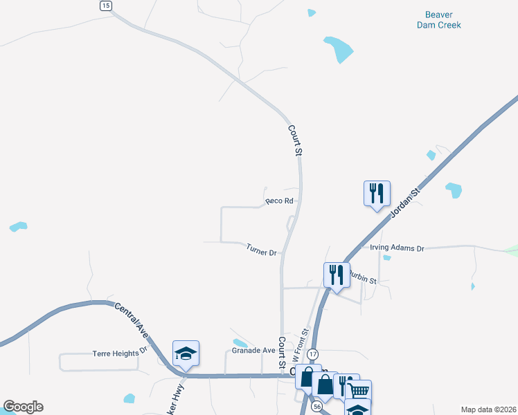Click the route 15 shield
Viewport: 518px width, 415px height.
click(105, 6)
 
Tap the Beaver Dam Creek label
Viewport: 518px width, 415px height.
click(438, 19)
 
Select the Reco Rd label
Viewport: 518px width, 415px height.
click(280, 201)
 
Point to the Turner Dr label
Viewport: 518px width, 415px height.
click(261, 249)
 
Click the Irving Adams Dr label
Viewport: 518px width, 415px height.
click(397, 248)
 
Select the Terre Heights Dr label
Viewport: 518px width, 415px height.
click(120, 353)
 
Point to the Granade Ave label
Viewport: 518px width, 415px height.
click(253, 350)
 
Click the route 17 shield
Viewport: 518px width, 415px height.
click(313, 354)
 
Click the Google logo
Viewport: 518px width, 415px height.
click(23, 407)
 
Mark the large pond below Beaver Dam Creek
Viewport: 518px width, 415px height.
click(338, 48)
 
